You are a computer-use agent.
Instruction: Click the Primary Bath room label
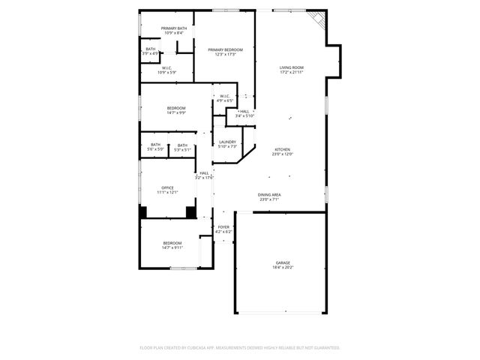(x=172, y=28)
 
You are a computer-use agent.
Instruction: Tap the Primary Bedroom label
(x=226, y=49)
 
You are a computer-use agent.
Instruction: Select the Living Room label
(x=291, y=67)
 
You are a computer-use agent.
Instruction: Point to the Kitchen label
(x=282, y=149)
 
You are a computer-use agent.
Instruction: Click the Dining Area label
(x=269, y=194)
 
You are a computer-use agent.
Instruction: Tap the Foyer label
(x=224, y=227)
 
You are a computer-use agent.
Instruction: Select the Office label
(x=167, y=187)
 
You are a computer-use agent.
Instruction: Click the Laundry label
(x=227, y=142)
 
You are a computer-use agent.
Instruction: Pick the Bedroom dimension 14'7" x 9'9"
(x=176, y=113)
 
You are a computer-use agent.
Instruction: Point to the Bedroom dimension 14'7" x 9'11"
(x=172, y=247)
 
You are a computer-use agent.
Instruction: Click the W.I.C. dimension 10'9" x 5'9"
(x=167, y=72)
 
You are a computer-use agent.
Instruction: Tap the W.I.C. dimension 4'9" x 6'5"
(x=225, y=100)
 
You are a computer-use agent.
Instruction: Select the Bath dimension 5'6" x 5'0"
(x=155, y=149)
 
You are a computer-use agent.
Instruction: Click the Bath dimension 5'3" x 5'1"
(x=182, y=150)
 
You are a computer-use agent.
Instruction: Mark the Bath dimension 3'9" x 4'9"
(x=151, y=54)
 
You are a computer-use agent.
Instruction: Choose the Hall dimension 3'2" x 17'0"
(x=205, y=178)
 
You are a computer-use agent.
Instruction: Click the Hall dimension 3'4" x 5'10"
(x=244, y=115)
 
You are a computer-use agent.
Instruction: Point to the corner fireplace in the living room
(x=318, y=20)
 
